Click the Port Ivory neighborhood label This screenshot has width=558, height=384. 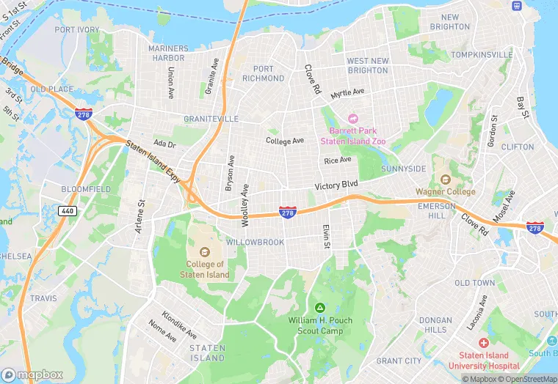click(x=77, y=30)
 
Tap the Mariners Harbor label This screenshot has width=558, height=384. click(x=167, y=53)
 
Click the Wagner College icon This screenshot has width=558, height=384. click(x=444, y=180)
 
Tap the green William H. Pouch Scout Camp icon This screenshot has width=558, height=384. click(x=319, y=308)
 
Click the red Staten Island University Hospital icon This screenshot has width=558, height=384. click(x=484, y=343)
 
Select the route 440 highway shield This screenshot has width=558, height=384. click(x=68, y=210)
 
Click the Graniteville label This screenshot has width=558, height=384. click(x=211, y=119)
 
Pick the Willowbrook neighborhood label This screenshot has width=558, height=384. click(x=255, y=242)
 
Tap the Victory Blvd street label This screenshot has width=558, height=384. click(x=336, y=186)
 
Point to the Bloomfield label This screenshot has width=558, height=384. click(x=86, y=189)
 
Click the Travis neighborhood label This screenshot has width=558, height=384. click(x=43, y=298)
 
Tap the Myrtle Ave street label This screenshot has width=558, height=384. click(x=347, y=94)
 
